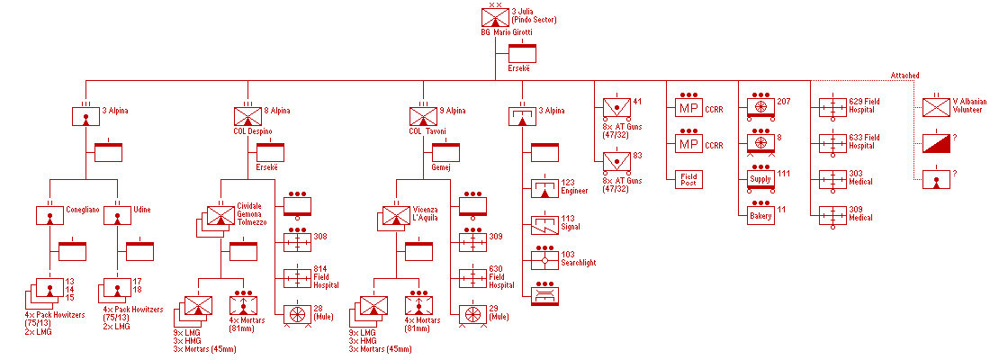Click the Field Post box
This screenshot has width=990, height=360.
(688, 179)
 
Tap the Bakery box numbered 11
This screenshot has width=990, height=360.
(760, 214)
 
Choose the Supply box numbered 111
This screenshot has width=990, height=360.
(760, 178)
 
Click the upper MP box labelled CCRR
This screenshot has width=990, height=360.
(688, 109)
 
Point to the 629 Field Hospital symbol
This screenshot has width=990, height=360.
(832, 108)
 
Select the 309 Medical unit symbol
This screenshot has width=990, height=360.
(832, 214)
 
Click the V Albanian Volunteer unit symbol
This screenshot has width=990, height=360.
(937, 108)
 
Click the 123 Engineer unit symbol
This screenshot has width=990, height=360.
(544, 189)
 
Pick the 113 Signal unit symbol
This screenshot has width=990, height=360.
(544, 224)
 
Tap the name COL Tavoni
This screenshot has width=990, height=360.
(427, 130)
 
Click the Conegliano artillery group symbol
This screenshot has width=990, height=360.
(49, 215)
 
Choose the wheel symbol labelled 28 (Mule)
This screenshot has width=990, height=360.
(297, 314)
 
